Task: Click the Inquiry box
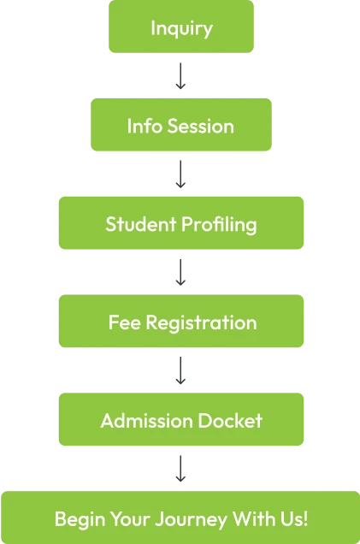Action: tap(180, 28)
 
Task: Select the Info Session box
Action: tap(180, 126)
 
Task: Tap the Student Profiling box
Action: tap(180, 224)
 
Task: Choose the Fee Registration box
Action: tap(180, 322)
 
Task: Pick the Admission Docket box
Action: tap(180, 421)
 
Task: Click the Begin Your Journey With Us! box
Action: tap(180, 518)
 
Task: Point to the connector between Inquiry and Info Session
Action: tap(180, 77)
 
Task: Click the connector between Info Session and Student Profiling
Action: tap(180, 175)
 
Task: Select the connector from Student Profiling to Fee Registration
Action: tap(180, 273)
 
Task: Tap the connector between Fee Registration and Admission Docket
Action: tap(180, 371)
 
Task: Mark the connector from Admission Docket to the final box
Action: tap(180, 470)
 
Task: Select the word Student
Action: tap(140, 224)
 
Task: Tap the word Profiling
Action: tap(219, 225)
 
